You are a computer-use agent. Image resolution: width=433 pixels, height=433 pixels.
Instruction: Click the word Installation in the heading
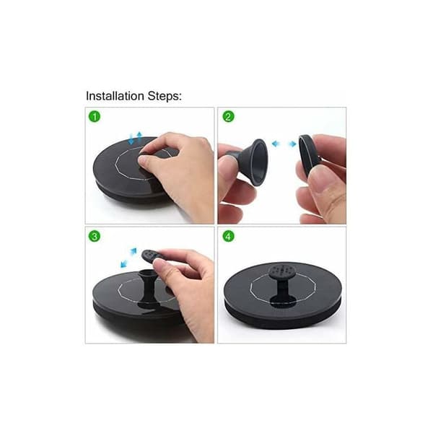115,96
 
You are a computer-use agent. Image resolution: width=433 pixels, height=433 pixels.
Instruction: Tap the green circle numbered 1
95,116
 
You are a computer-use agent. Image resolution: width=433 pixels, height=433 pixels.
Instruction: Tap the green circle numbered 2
228,116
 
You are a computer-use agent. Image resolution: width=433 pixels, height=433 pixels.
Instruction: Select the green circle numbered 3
95,237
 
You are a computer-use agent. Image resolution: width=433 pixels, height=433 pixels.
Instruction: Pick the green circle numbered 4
228,237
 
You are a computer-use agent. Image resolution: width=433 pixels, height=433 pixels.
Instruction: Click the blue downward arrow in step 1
131,139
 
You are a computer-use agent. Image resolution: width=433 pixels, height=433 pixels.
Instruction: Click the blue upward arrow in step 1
139,136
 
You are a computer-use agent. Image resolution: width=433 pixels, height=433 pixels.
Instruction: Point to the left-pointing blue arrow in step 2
276,144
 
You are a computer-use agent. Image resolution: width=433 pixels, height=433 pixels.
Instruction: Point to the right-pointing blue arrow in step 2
292,144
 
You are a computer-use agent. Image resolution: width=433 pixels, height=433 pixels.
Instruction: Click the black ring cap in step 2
307,155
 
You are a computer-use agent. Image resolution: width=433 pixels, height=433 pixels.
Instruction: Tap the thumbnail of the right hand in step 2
321,183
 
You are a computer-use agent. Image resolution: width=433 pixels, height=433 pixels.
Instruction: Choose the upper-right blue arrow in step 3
134,251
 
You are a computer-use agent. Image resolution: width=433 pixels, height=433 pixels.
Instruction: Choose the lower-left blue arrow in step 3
124,263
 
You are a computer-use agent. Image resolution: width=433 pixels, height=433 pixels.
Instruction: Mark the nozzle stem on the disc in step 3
149,288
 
